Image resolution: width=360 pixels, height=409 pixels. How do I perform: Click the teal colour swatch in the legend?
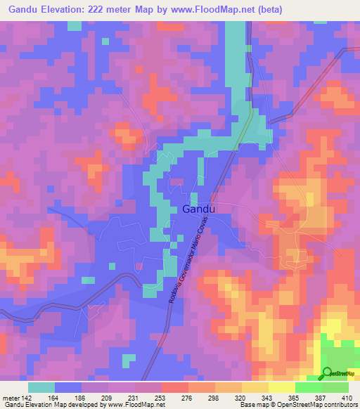coord(41,387)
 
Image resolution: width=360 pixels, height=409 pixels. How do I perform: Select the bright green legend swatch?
coord(308,387)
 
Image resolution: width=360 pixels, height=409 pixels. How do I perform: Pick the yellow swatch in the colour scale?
coord(281,387)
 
